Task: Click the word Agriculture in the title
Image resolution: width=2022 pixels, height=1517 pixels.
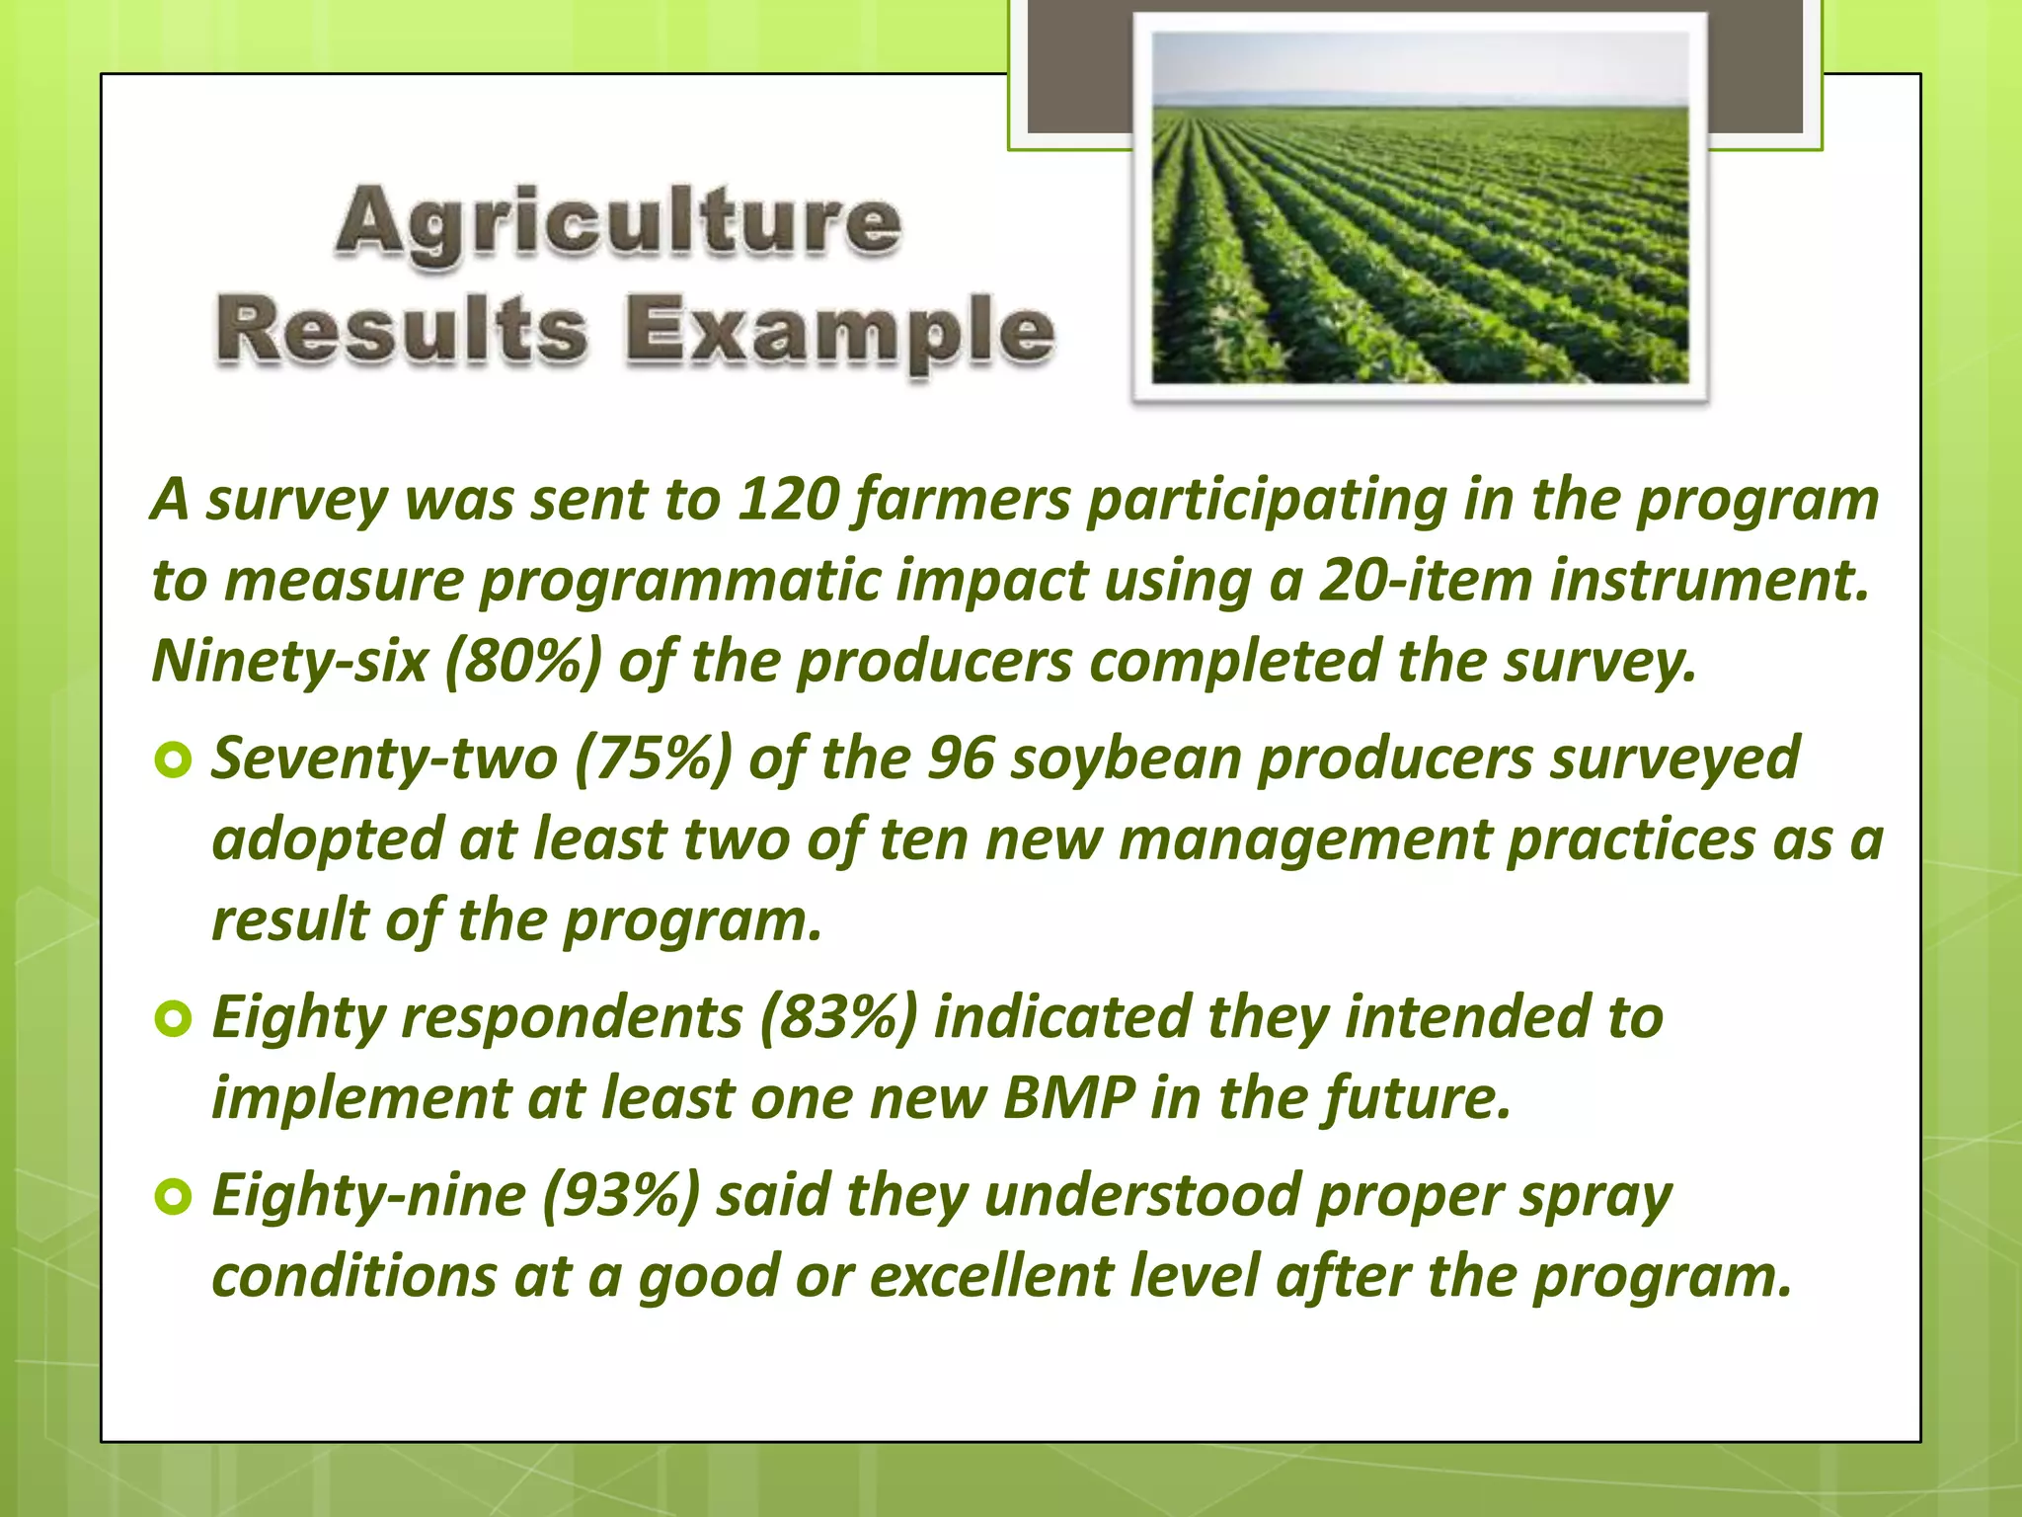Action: click(617, 222)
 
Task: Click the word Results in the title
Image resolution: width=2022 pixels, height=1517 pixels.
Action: click(402, 331)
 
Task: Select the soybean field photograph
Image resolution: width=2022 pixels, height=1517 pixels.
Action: click(1420, 207)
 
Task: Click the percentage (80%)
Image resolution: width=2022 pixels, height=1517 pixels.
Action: click(522, 661)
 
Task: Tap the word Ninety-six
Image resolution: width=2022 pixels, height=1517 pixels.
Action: click(289, 661)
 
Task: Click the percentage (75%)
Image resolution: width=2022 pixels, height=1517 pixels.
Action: click(653, 758)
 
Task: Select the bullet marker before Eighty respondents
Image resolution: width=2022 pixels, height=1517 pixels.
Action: click(173, 1019)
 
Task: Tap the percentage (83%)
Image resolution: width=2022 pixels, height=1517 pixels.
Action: click(838, 1017)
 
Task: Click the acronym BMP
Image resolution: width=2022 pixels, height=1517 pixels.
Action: click(1067, 1098)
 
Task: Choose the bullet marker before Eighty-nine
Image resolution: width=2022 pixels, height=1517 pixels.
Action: click(173, 1198)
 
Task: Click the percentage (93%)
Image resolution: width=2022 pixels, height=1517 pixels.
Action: click(621, 1196)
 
